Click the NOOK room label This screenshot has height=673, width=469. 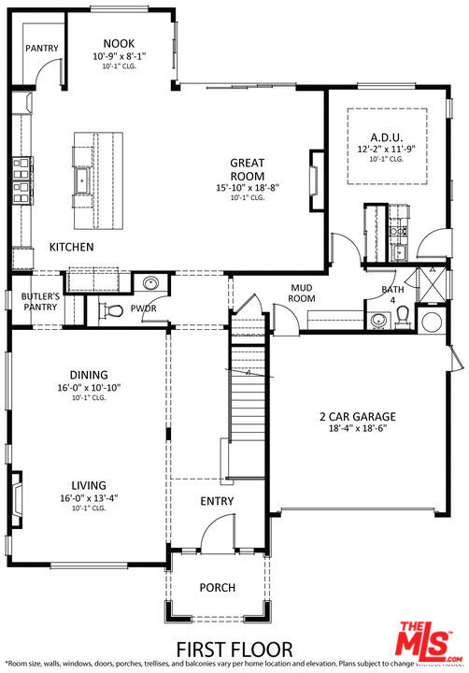pos(120,43)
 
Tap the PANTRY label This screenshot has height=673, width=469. pos(41,49)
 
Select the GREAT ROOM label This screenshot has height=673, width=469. pos(248,169)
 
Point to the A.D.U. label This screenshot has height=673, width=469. pos(385,136)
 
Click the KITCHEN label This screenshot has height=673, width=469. pos(71,248)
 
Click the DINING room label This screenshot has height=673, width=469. pos(89,375)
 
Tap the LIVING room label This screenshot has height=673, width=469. pos(88,485)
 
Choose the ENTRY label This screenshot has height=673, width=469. pos(217,502)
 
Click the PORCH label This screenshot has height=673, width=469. pos(217,588)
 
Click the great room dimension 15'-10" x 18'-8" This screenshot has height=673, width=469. pos(248,187)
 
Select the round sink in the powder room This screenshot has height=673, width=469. pos(150,283)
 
